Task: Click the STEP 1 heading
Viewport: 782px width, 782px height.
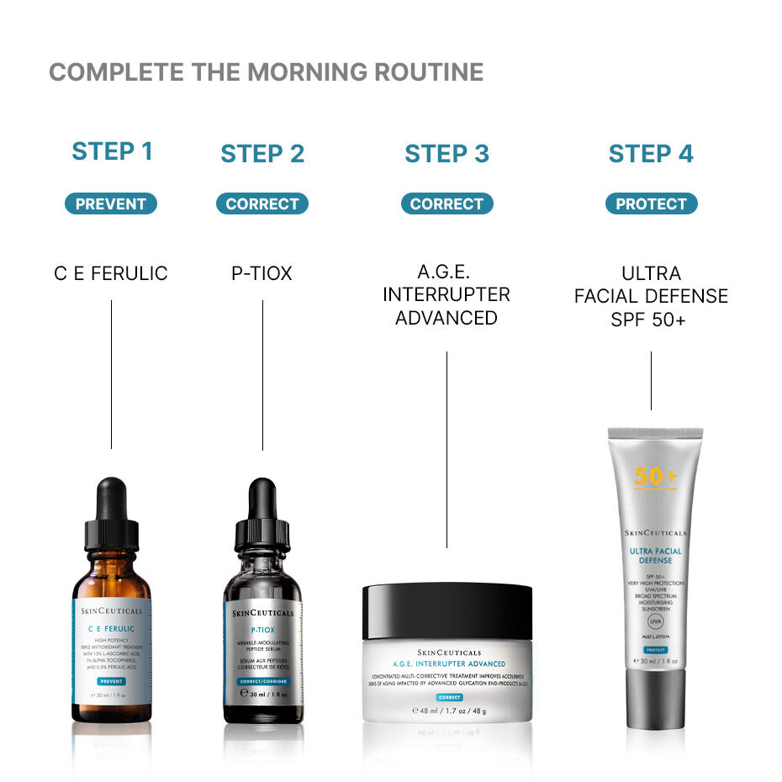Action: tap(112, 151)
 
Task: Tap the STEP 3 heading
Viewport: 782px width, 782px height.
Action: tap(446, 154)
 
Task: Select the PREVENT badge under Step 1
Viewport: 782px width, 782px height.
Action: tap(111, 203)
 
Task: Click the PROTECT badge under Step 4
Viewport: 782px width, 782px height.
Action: tap(651, 203)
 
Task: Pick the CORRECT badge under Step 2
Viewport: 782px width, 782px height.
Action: tap(262, 203)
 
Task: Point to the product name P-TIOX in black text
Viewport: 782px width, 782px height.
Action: tap(262, 273)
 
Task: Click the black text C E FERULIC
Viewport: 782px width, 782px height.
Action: tap(111, 273)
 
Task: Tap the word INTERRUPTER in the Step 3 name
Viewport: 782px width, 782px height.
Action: tap(446, 295)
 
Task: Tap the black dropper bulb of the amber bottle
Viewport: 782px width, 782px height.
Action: tap(112, 500)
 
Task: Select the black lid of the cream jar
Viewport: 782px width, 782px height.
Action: tap(447, 612)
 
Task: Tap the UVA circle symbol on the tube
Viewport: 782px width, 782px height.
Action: tap(656, 621)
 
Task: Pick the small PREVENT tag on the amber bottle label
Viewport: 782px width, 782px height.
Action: tap(112, 682)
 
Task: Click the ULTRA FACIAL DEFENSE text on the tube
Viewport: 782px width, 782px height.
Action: tap(656, 556)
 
